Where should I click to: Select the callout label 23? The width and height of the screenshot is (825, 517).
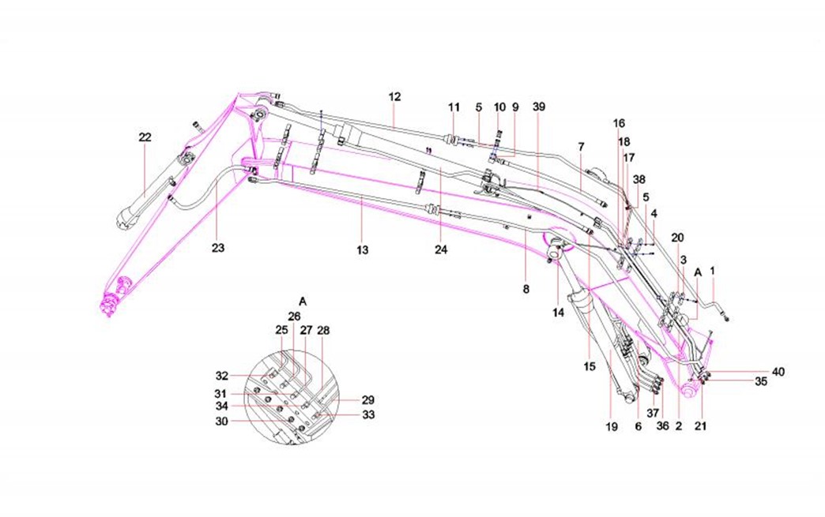click(218, 248)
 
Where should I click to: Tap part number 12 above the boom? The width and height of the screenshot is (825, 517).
click(394, 96)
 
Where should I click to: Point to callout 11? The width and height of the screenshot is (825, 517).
click(454, 107)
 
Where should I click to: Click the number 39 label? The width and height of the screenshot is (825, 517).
click(539, 107)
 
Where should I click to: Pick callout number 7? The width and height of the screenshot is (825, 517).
click(581, 148)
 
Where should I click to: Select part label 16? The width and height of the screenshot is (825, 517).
click(619, 123)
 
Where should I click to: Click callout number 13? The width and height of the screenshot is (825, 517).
click(362, 250)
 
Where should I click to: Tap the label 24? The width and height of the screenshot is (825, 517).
click(441, 250)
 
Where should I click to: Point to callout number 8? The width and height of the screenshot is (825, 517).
click(526, 290)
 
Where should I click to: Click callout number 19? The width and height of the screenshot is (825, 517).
click(611, 427)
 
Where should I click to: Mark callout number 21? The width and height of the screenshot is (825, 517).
click(700, 426)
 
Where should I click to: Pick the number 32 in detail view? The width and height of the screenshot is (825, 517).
click(222, 376)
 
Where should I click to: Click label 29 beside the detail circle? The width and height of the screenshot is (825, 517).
click(367, 400)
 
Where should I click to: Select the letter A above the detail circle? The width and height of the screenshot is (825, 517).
click(303, 301)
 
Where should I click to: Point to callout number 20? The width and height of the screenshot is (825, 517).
click(678, 238)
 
